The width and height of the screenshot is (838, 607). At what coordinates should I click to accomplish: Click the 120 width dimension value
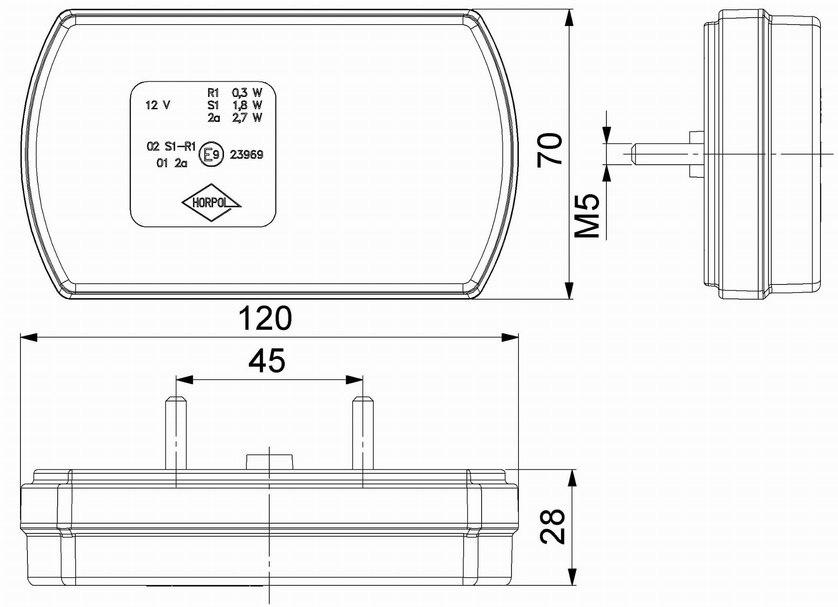click(x=265, y=318)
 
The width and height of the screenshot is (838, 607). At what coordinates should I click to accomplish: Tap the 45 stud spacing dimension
click(x=267, y=361)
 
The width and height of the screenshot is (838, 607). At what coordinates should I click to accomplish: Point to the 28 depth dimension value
click(x=552, y=526)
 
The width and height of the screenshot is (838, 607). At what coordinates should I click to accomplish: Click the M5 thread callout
click(x=587, y=215)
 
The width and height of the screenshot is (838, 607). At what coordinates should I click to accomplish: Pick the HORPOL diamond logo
click(x=211, y=203)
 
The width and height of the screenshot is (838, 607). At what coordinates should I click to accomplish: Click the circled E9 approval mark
click(x=211, y=154)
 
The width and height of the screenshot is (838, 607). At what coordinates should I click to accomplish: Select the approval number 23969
click(x=246, y=155)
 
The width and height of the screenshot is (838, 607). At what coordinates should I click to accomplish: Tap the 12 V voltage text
click(x=158, y=105)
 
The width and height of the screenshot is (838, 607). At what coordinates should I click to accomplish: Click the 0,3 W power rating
click(x=247, y=93)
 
